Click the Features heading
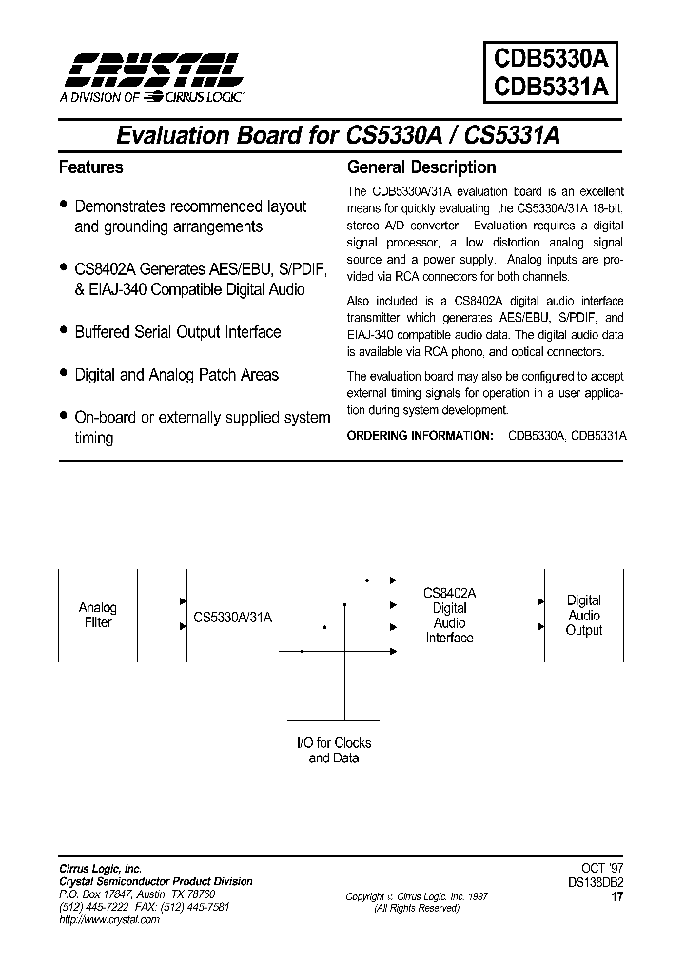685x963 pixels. pyautogui.click(x=91, y=167)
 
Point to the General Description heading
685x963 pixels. pyautogui.click(x=421, y=167)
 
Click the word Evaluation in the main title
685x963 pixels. pyautogui.click(x=172, y=135)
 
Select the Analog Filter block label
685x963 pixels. pyautogui.click(x=97, y=615)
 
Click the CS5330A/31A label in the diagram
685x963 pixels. pyautogui.click(x=233, y=617)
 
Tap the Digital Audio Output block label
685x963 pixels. pyautogui.click(x=583, y=615)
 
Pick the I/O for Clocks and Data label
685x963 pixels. pyautogui.click(x=332, y=750)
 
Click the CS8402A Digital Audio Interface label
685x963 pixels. pyautogui.click(x=449, y=615)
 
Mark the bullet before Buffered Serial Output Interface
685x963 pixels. pyautogui.click(x=63, y=330)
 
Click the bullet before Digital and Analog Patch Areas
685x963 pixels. pyautogui.click(x=63, y=373)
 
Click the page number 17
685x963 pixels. pyautogui.click(x=618, y=895)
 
